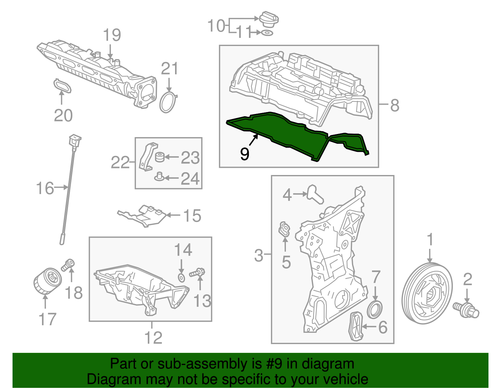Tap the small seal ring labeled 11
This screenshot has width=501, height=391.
267,33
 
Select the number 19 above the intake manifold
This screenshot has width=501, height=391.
112,35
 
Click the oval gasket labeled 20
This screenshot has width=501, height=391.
62,86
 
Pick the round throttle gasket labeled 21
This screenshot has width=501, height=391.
168,102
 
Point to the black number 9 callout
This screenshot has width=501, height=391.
244,154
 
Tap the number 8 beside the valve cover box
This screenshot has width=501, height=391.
395,105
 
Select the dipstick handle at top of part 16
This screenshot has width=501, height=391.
75,140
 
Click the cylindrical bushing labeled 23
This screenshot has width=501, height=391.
160,157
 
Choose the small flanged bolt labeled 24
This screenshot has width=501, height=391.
159,177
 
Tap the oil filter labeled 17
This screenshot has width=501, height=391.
46,281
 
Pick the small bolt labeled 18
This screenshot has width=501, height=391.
68,265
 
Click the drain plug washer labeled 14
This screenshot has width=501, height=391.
181,277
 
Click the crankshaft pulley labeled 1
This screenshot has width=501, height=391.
427,294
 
